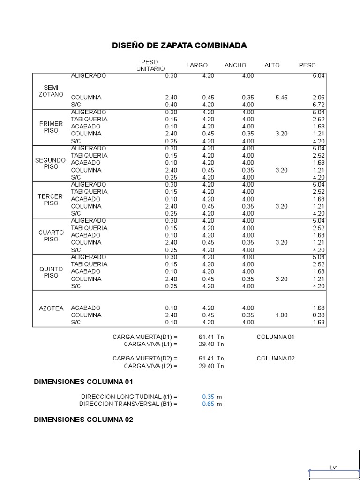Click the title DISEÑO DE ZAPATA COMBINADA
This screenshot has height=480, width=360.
coord(179,45)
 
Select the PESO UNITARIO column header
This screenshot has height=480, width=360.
coord(150,65)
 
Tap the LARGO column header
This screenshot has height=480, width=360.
coord(197,65)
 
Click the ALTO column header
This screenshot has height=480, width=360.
coord(272,65)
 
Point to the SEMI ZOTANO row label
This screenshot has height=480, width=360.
coord(51,90)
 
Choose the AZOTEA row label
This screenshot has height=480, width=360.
coord(51,308)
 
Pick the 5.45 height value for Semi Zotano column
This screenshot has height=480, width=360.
coord(281,97)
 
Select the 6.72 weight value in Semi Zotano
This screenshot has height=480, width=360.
coord(319,105)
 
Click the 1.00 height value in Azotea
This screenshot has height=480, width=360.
coord(281,315)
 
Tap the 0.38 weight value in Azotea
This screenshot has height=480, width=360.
coord(319,315)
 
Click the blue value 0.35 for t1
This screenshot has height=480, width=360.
coord(208,397)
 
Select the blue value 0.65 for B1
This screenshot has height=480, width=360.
coord(208,404)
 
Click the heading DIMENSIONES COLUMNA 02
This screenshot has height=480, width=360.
coord(83,420)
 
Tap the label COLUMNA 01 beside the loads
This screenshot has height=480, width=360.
coord(276,337)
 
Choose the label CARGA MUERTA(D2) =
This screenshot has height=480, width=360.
coord(145,359)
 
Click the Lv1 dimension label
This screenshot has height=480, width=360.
coord(334,467)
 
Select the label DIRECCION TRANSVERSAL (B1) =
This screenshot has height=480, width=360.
coord(128,404)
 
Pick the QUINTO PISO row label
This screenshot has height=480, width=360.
coord(51,272)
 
